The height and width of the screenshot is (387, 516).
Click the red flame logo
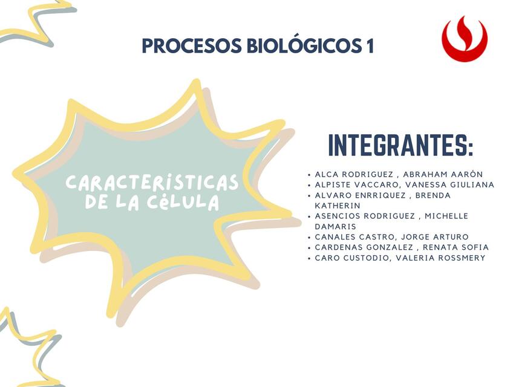464,39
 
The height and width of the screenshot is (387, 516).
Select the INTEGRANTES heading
400,146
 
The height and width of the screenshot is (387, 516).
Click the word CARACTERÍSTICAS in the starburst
152,183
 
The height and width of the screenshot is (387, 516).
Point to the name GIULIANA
472,184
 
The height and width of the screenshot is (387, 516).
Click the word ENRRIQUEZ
378,195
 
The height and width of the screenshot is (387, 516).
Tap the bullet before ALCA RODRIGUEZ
309,175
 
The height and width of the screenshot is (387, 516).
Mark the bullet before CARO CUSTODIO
309,258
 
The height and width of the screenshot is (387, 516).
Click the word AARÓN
466,174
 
